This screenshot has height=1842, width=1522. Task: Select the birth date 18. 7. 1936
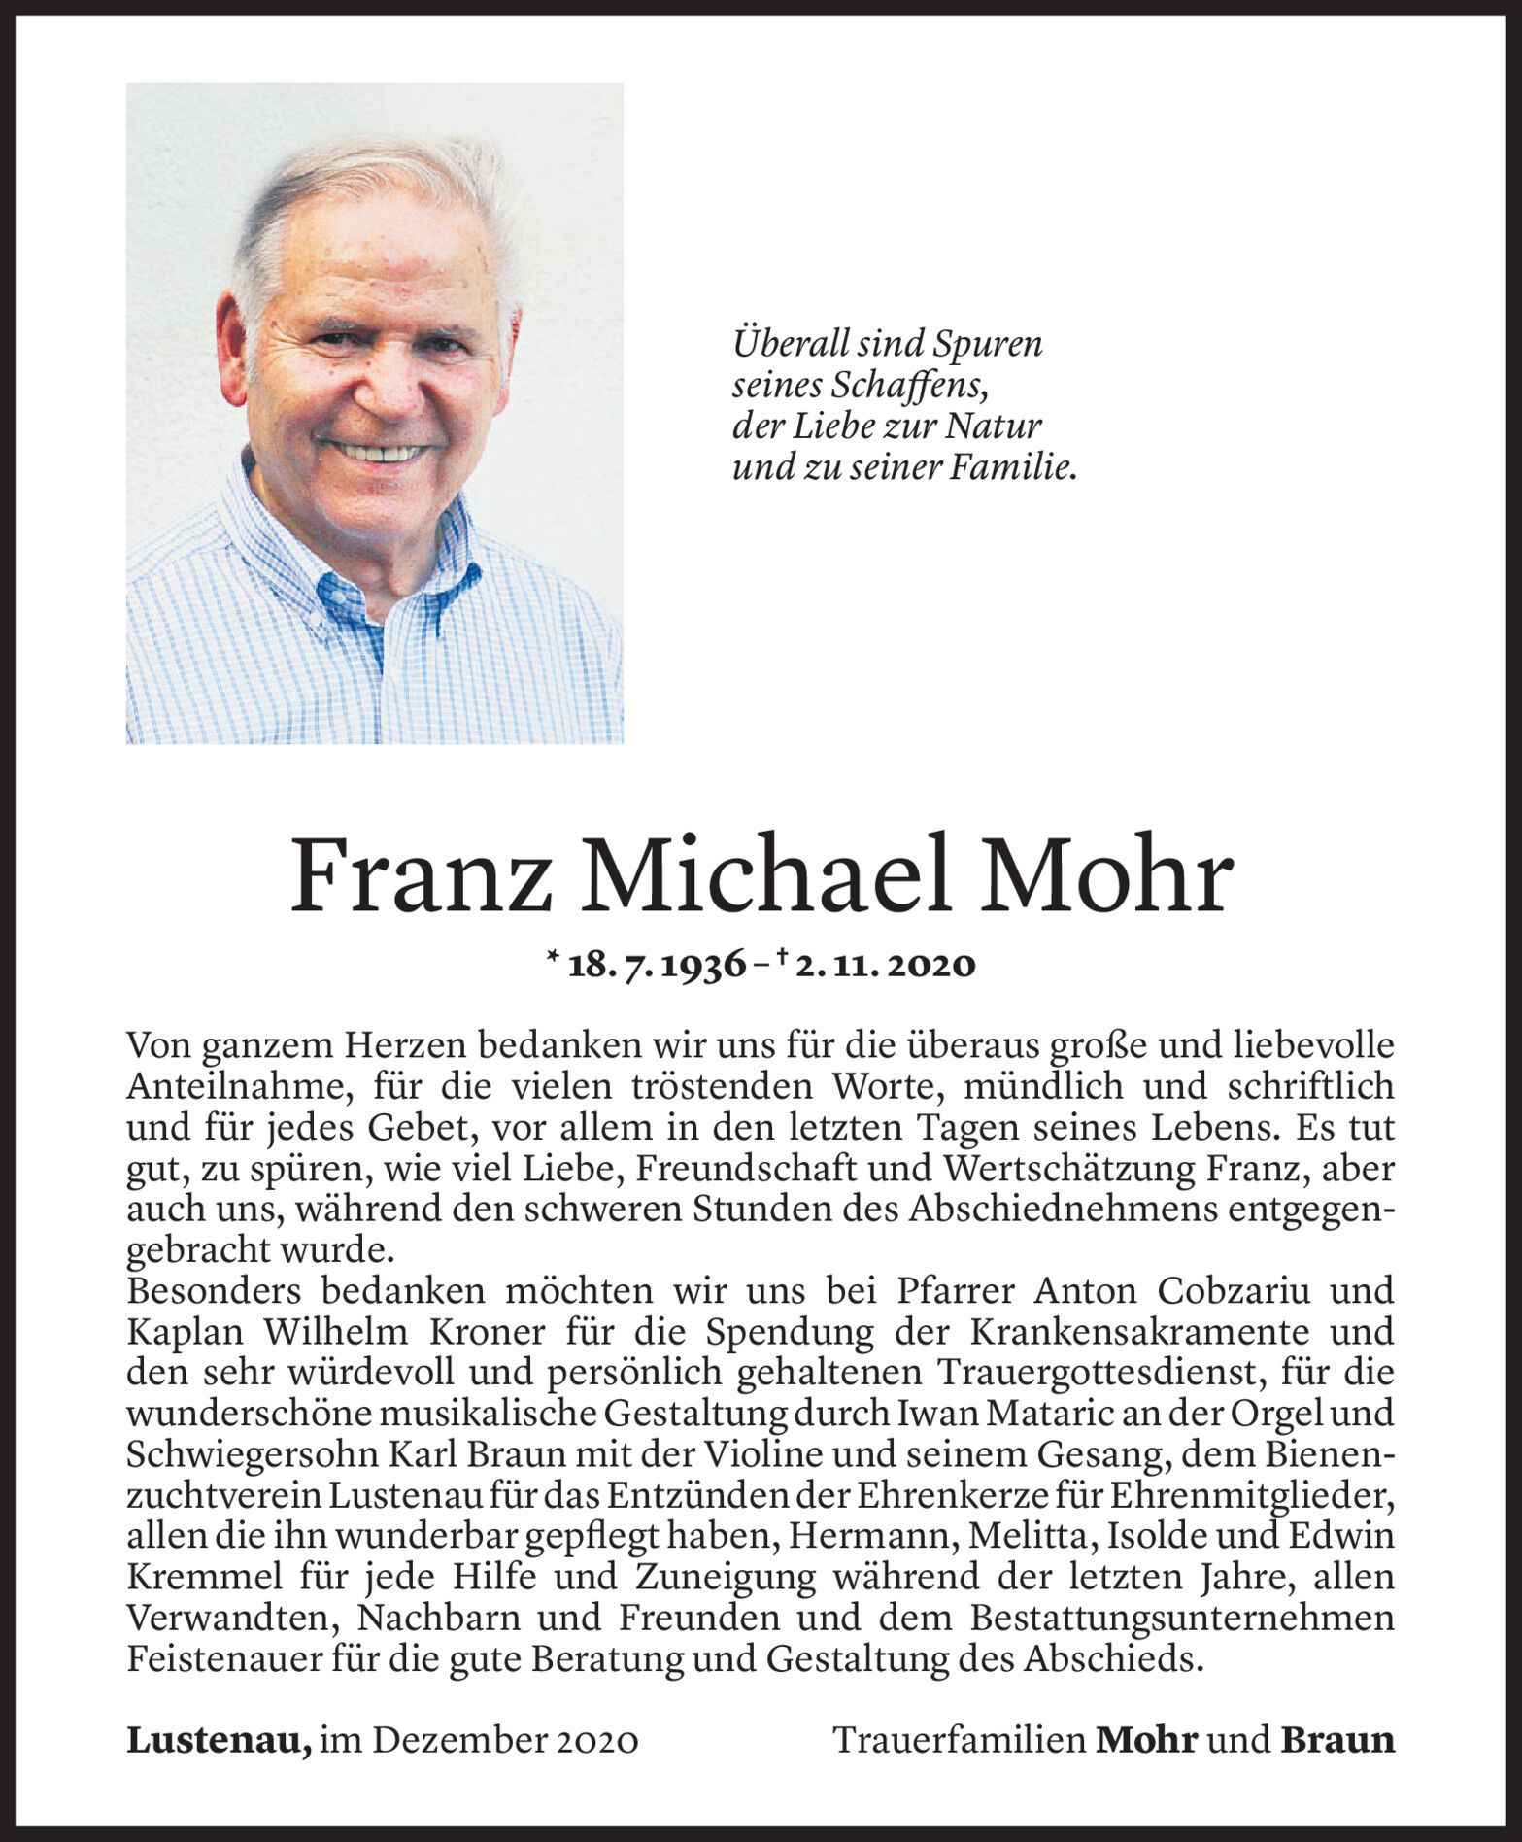point(657,965)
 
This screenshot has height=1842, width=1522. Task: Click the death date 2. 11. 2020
point(885,965)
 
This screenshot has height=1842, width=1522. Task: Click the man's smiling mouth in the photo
point(380,453)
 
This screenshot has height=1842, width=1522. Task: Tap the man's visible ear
point(233,340)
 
